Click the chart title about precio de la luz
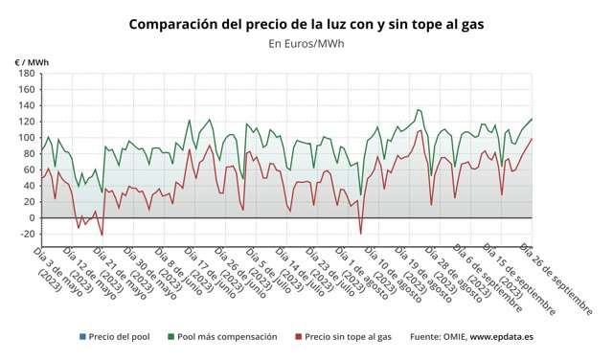(x=306, y=23)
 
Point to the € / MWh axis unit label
(x=32, y=62)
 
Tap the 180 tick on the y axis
(x=27, y=74)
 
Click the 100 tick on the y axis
(x=27, y=138)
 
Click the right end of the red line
(x=532, y=139)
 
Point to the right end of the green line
(x=532, y=120)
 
